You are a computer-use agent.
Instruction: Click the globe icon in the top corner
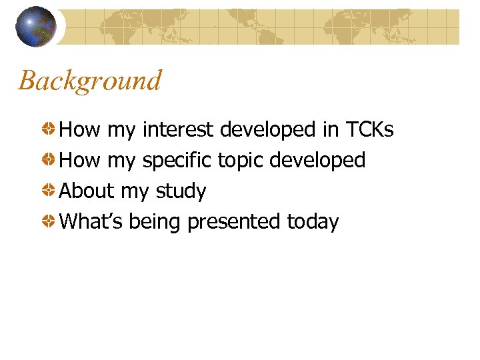point(36,26)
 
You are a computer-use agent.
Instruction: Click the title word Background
point(90,81)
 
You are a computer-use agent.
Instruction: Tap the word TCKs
point(370,129)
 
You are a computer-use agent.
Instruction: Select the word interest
point(179,129)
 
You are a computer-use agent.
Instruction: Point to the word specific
point(177,161)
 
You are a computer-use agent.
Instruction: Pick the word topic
point(241,161)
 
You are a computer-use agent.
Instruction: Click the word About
point(87,191)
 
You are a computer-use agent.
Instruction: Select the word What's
point(91,221)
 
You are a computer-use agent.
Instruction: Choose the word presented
point(234,222)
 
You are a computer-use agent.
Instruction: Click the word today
point(313,222)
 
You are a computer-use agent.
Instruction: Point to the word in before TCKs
point(331,129)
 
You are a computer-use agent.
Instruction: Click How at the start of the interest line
point(80,129)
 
